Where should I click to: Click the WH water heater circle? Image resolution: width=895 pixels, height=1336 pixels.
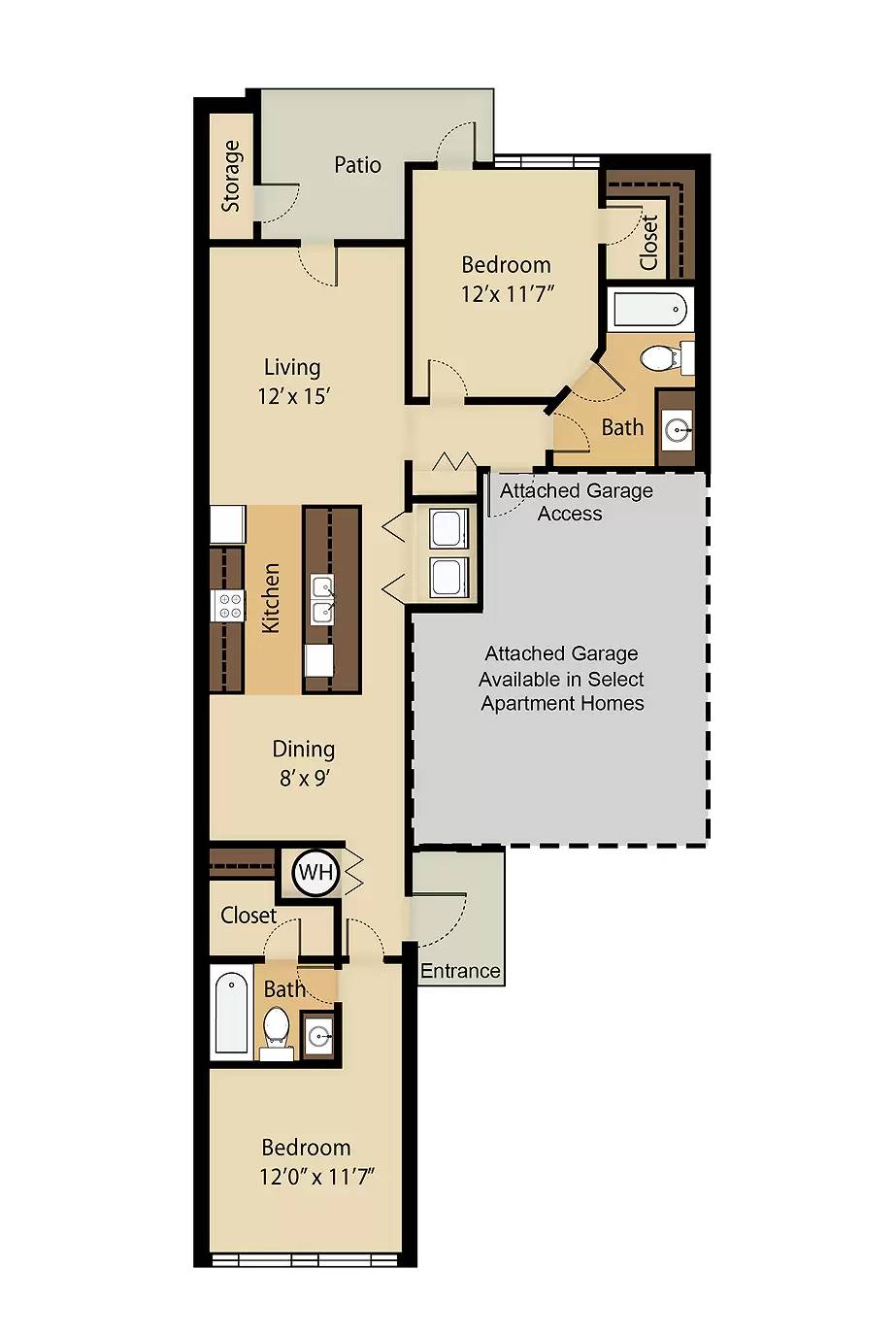point(315,873)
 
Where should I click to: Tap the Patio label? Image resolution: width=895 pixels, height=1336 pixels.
point(357,165)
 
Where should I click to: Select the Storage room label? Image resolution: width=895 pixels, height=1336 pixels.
point(231,176)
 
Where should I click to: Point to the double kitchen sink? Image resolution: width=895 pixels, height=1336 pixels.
point(322,600)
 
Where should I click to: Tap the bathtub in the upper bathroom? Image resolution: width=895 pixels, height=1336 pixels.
point(650,310)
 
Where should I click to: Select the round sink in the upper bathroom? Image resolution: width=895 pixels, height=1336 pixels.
point(678,429)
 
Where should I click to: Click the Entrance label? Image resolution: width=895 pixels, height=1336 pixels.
point(460,971)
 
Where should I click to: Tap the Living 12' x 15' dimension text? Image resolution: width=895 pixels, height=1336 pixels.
point(294,396)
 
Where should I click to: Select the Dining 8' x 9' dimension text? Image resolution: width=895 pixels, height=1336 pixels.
point(304,778)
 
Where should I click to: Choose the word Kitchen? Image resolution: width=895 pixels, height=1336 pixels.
point(271,598)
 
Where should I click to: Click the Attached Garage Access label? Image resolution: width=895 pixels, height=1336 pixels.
point(575,502)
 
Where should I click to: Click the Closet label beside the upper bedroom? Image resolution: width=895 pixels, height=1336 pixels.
point(648,242)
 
